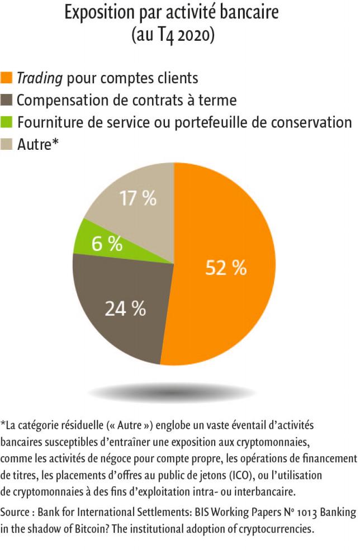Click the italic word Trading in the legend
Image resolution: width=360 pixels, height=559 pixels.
(39, 78)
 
